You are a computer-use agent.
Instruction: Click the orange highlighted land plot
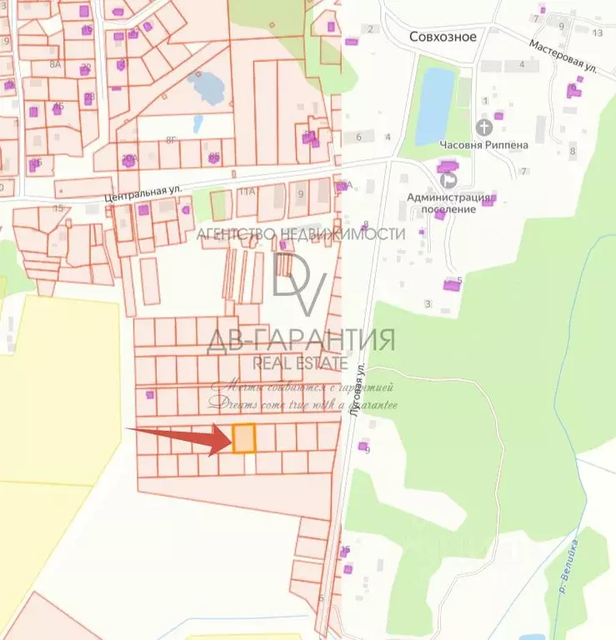243,438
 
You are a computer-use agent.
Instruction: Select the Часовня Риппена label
483,144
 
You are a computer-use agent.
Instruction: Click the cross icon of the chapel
483,127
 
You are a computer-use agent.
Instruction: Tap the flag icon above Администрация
448,177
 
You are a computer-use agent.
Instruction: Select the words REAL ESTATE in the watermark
300,363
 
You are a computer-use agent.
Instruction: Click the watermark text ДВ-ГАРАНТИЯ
300,341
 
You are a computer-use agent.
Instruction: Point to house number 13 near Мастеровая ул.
597,32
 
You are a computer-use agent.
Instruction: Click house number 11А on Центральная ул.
246,191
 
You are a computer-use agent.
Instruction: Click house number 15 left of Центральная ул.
58,207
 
